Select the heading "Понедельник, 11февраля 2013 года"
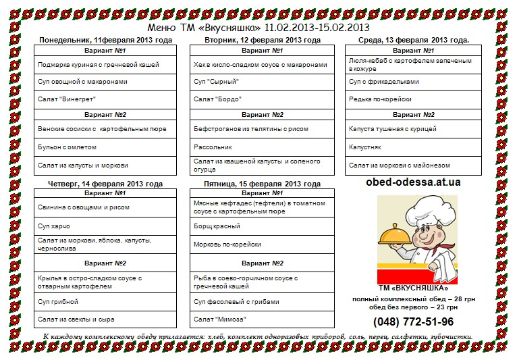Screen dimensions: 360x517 (105, 41)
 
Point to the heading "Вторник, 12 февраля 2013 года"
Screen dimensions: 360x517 (263, 41)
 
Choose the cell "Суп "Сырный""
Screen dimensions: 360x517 (217, 82)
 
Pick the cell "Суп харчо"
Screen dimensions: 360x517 (54, 226)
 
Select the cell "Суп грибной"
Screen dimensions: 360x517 (58, 301)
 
